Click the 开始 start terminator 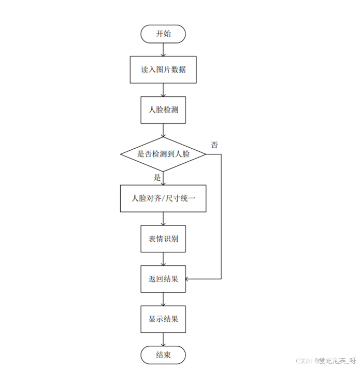[163, 34]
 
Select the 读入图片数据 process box [163, 69]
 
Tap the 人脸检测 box [163, 110]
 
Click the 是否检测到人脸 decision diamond [163, 154]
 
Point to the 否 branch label [214, 145]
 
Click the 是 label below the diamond [157, 178]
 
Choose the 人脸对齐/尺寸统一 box [163, 198]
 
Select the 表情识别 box [163, 239]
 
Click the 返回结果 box [163, 279]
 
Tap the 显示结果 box [163, 319]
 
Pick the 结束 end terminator [163, 355]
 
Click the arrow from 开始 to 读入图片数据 [163, 50]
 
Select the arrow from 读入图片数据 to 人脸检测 [163, 90]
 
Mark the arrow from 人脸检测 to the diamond [163, 130]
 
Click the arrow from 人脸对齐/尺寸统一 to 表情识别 [163, 218]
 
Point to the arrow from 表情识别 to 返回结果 [163, 259]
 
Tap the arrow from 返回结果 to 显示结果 [163, 299]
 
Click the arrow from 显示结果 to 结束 [163, 339]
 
